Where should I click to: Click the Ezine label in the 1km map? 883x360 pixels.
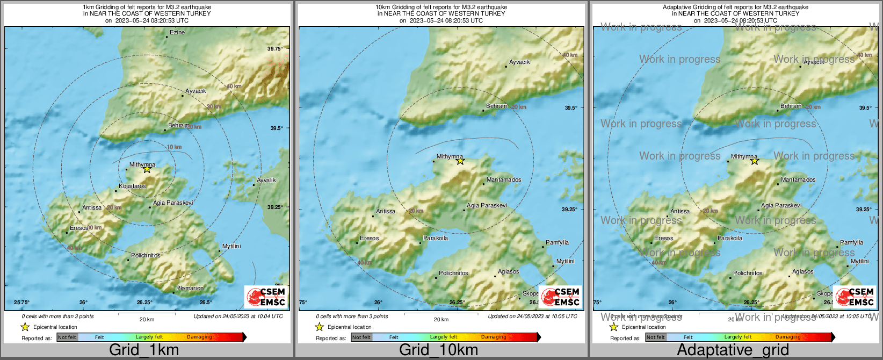pyautogui.click(x=177, y=33)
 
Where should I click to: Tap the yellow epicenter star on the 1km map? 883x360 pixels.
pyautogui.click(x=147, y=169)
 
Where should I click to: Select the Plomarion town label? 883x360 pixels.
pyautogui.click(x=190, y=289)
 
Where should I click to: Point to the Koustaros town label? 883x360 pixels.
pyautogui.click(x=132, y=186)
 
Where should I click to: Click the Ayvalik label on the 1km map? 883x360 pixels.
pyautogui.click(x=266, y=181)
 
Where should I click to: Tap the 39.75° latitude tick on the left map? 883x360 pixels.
pyautogui.click(x=274, y=49)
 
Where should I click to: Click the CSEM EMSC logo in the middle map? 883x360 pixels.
pyautogui.click(x=560, y=297)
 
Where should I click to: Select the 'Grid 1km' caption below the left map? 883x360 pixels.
pyautogui.click(x=144, y=350)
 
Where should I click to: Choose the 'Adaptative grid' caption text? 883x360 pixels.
pyautogui.click(x=733, y=350)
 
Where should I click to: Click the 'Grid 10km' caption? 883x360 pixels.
pyautogui.click(x=438, y=350)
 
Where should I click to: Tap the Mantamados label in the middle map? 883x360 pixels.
pyautogui.click(x=503, y=180)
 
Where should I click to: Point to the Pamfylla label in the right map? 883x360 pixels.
pyautogui.click(x=851, y=243)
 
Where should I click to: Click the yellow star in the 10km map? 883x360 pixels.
pyautogui.click(x=460, y=161)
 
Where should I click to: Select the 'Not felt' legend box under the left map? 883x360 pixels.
pyautogui.click(x=67, y=337)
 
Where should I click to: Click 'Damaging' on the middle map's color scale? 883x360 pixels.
pyautogui.click(x=494, y=337)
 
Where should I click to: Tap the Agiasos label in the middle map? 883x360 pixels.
pyautogui.click(x=508, y=272)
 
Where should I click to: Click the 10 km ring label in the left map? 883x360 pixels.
pyautogui.click(x=174, y=147)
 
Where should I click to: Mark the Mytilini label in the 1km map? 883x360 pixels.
pyautogui.click(x=231, y=247)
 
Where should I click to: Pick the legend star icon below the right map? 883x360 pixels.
pyautogui.click(x=613, y=327)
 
